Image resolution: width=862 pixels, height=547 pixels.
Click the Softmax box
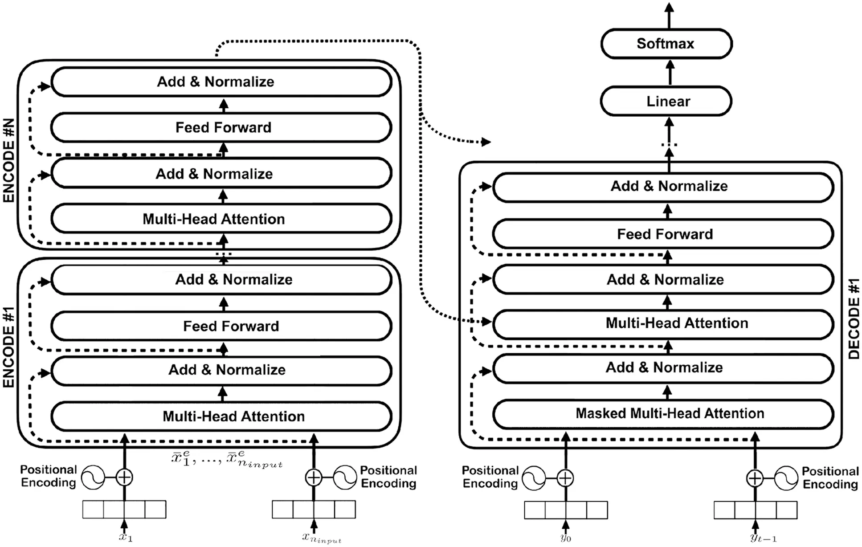pyautogui.click(x=666, y=44)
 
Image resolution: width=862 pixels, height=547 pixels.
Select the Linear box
pyautogui.click(x=666, y=101)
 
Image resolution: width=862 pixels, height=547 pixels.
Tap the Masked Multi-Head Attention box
pyautogui.click(x=663, y=414)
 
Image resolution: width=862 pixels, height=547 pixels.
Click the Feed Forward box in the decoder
pyautogui.click(x=663, y=234)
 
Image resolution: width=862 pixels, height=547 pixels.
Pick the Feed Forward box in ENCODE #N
pyautogui.click(x=221, y=127)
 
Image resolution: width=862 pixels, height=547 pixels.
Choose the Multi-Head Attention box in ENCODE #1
pyautogui.click(x=221, y=416)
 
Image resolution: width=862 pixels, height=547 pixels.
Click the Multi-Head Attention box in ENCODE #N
pyautogui.click(x=221, y=219)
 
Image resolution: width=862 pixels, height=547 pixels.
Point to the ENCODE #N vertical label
pyautogui.click(x=9, y=160)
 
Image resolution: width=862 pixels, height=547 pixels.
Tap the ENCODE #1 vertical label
pyautogui.click(x=9, y=347)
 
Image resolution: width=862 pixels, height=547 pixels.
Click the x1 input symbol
pyautogui.click(x=125, y=537)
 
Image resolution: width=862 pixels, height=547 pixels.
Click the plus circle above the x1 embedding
pyautogui.click(x=124, y=478)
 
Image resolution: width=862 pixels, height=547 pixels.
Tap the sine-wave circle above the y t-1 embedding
pyautogui.click(x=786, y=478)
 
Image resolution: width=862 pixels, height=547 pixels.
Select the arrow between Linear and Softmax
pyautogui.click(x=670, y=72)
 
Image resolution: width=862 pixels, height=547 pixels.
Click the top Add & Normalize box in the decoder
pyautogui.click(x=663, y=186)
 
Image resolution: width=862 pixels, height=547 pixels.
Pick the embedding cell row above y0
pyautogui.click(x=566, y=510)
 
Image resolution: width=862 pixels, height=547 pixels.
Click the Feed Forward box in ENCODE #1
pyautogui.click(x=221, y=326)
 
